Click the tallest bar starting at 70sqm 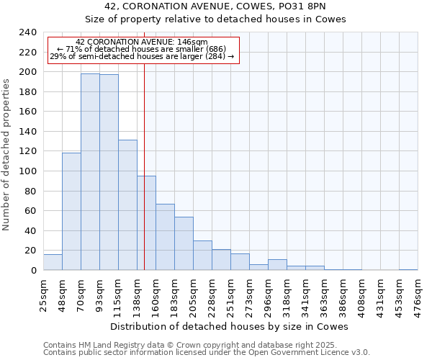click(90, 172)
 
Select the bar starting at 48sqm click(71, 212)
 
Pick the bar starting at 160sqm click(165, 237)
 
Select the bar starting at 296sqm click(277, 265)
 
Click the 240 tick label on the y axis click(27, 32)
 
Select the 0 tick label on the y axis click(33, 271)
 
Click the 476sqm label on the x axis click(418, 296)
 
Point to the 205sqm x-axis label click(193, 296)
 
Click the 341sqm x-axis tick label click(305, 296)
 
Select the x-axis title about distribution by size click(230, 326)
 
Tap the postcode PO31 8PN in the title click(305, 6)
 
